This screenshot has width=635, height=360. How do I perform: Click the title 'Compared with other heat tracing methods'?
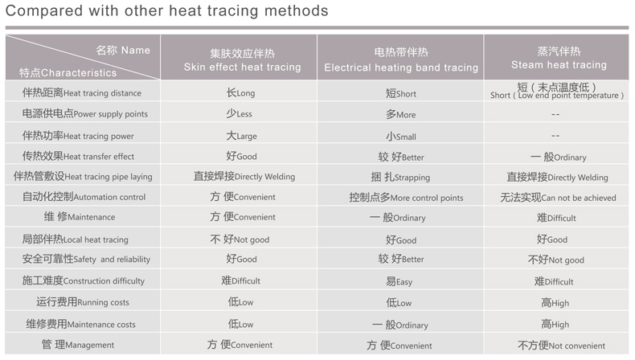click(167, 11)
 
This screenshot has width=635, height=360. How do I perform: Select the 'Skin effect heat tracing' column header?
click(242, 60)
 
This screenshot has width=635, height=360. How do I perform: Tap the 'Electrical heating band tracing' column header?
click(401, 60)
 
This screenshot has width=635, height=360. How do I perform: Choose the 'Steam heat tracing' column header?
click(559, 58)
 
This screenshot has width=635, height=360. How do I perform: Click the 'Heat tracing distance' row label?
click(82, 92)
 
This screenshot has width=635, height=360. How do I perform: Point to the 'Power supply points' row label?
click(84, 114)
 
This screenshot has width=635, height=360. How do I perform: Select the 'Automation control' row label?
click(84, 197)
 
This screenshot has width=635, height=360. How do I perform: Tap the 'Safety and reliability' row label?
click(86, 260)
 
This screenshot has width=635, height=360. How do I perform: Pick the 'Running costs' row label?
click(83, 302)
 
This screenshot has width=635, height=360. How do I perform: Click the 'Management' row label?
click(78, 345)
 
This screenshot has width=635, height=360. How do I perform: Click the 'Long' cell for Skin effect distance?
click(240, 92)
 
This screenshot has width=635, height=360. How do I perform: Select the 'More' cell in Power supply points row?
click(400, 115)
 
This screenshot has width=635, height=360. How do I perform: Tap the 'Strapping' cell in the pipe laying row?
click(400, 177)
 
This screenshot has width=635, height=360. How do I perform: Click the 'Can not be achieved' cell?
click(558, 198)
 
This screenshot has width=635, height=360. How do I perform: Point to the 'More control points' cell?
click(406, 198)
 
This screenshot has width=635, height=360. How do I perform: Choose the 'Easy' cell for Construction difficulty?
click(399, 281)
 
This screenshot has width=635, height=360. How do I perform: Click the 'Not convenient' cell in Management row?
click(561, 346)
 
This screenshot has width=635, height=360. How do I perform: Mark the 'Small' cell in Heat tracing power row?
click(400, 137)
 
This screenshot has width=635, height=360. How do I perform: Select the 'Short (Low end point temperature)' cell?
click(557, 91)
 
